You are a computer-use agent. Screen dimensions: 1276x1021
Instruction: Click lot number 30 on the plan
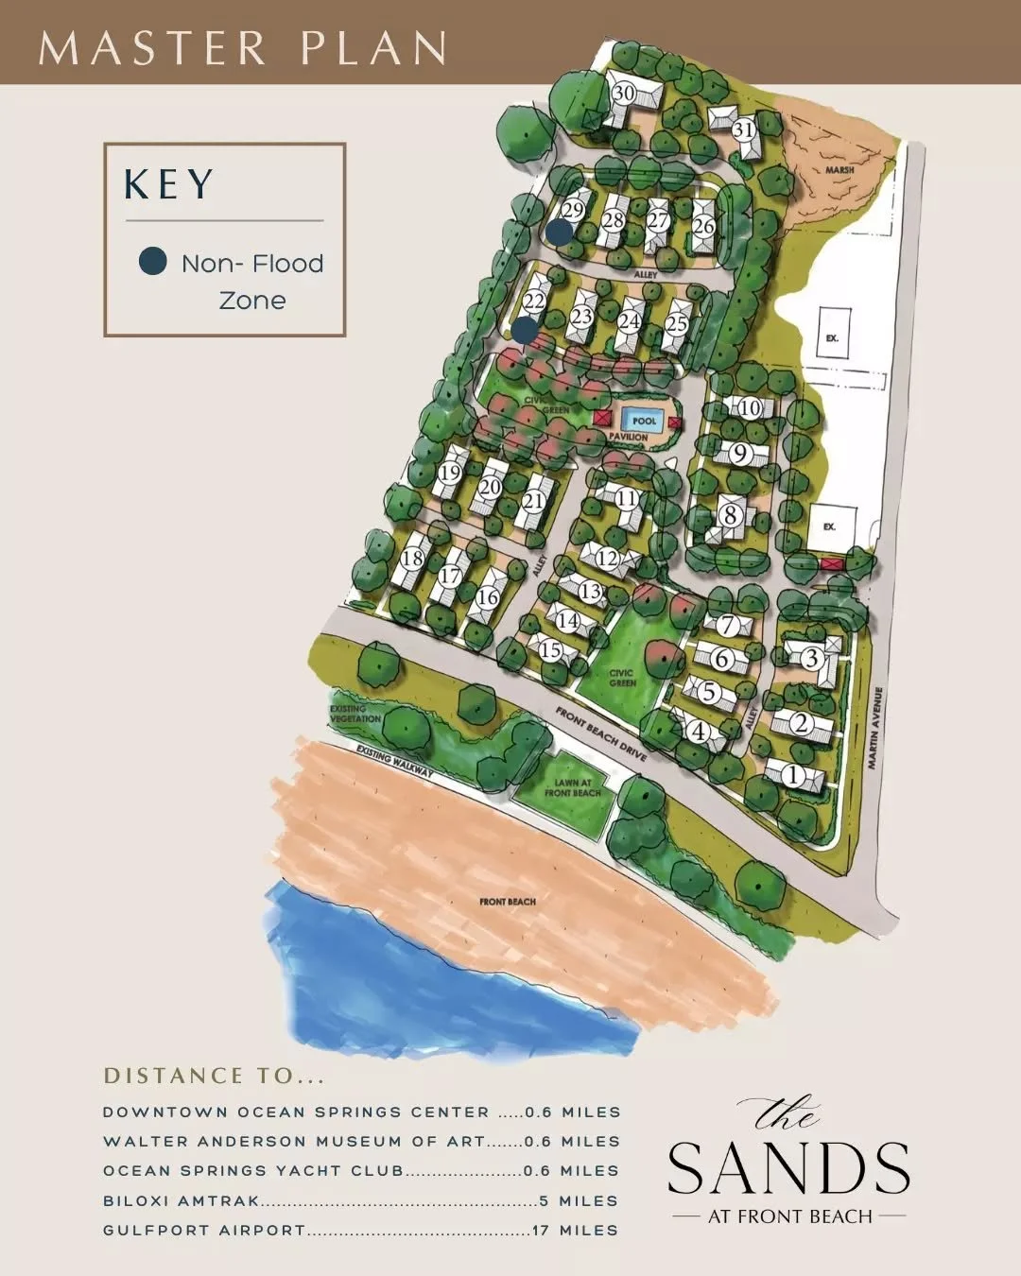tap(623, 93)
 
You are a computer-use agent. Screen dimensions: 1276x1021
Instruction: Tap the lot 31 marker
tap(744, 129)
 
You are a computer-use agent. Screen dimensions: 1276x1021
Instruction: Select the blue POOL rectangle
tap(644, 421)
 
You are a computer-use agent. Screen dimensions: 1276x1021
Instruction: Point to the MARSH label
tap(839, 170)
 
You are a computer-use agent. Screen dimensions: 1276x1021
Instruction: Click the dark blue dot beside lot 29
tap(560, 231)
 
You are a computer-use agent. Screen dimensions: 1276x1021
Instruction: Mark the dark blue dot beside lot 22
tap(525, 330)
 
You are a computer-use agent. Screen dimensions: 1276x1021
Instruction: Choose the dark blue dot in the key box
tap(153, 262)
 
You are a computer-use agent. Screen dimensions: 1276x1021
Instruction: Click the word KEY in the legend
tap(169, 184)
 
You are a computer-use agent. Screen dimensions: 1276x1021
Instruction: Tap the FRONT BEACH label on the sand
tap(508, 902)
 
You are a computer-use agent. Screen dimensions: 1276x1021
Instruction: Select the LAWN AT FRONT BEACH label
tap(572, 787)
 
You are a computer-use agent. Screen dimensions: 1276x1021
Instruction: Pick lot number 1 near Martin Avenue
tap(793, 776)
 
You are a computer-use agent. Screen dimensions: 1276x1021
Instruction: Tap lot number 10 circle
tap(750, 408)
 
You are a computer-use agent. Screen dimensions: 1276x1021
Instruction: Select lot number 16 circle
tap(487, 597)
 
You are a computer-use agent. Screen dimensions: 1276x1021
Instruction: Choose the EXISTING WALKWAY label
tap(395, 761)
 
